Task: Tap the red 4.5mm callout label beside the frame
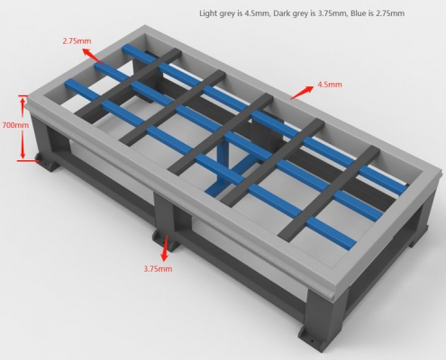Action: (x=329, y=85)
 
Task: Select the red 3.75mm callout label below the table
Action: (x=158, y=268)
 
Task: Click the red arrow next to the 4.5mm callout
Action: (x=301, y=90)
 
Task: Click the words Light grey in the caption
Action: (x=216, y=13)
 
